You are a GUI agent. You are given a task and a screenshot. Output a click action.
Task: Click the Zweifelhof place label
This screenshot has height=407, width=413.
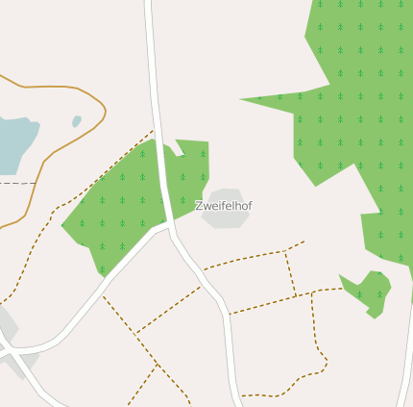tap(223, 206)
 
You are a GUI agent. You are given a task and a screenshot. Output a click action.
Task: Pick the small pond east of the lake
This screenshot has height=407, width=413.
tap(76, 122)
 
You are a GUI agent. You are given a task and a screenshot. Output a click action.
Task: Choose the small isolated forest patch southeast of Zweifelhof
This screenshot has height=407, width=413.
tap(370, 291)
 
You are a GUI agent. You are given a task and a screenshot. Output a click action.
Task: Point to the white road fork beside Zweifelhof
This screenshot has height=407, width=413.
tap(170, 226)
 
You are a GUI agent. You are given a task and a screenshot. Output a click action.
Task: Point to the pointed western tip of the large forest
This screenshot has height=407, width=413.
tap(243, 98)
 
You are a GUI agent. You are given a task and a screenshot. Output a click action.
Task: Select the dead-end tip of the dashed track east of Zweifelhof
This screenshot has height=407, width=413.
tap(304, 242)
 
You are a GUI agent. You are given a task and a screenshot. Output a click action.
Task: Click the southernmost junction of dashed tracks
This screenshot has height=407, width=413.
tap(156, 365)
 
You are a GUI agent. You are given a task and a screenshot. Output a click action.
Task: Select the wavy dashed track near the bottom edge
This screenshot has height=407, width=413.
tap(279, 393)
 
